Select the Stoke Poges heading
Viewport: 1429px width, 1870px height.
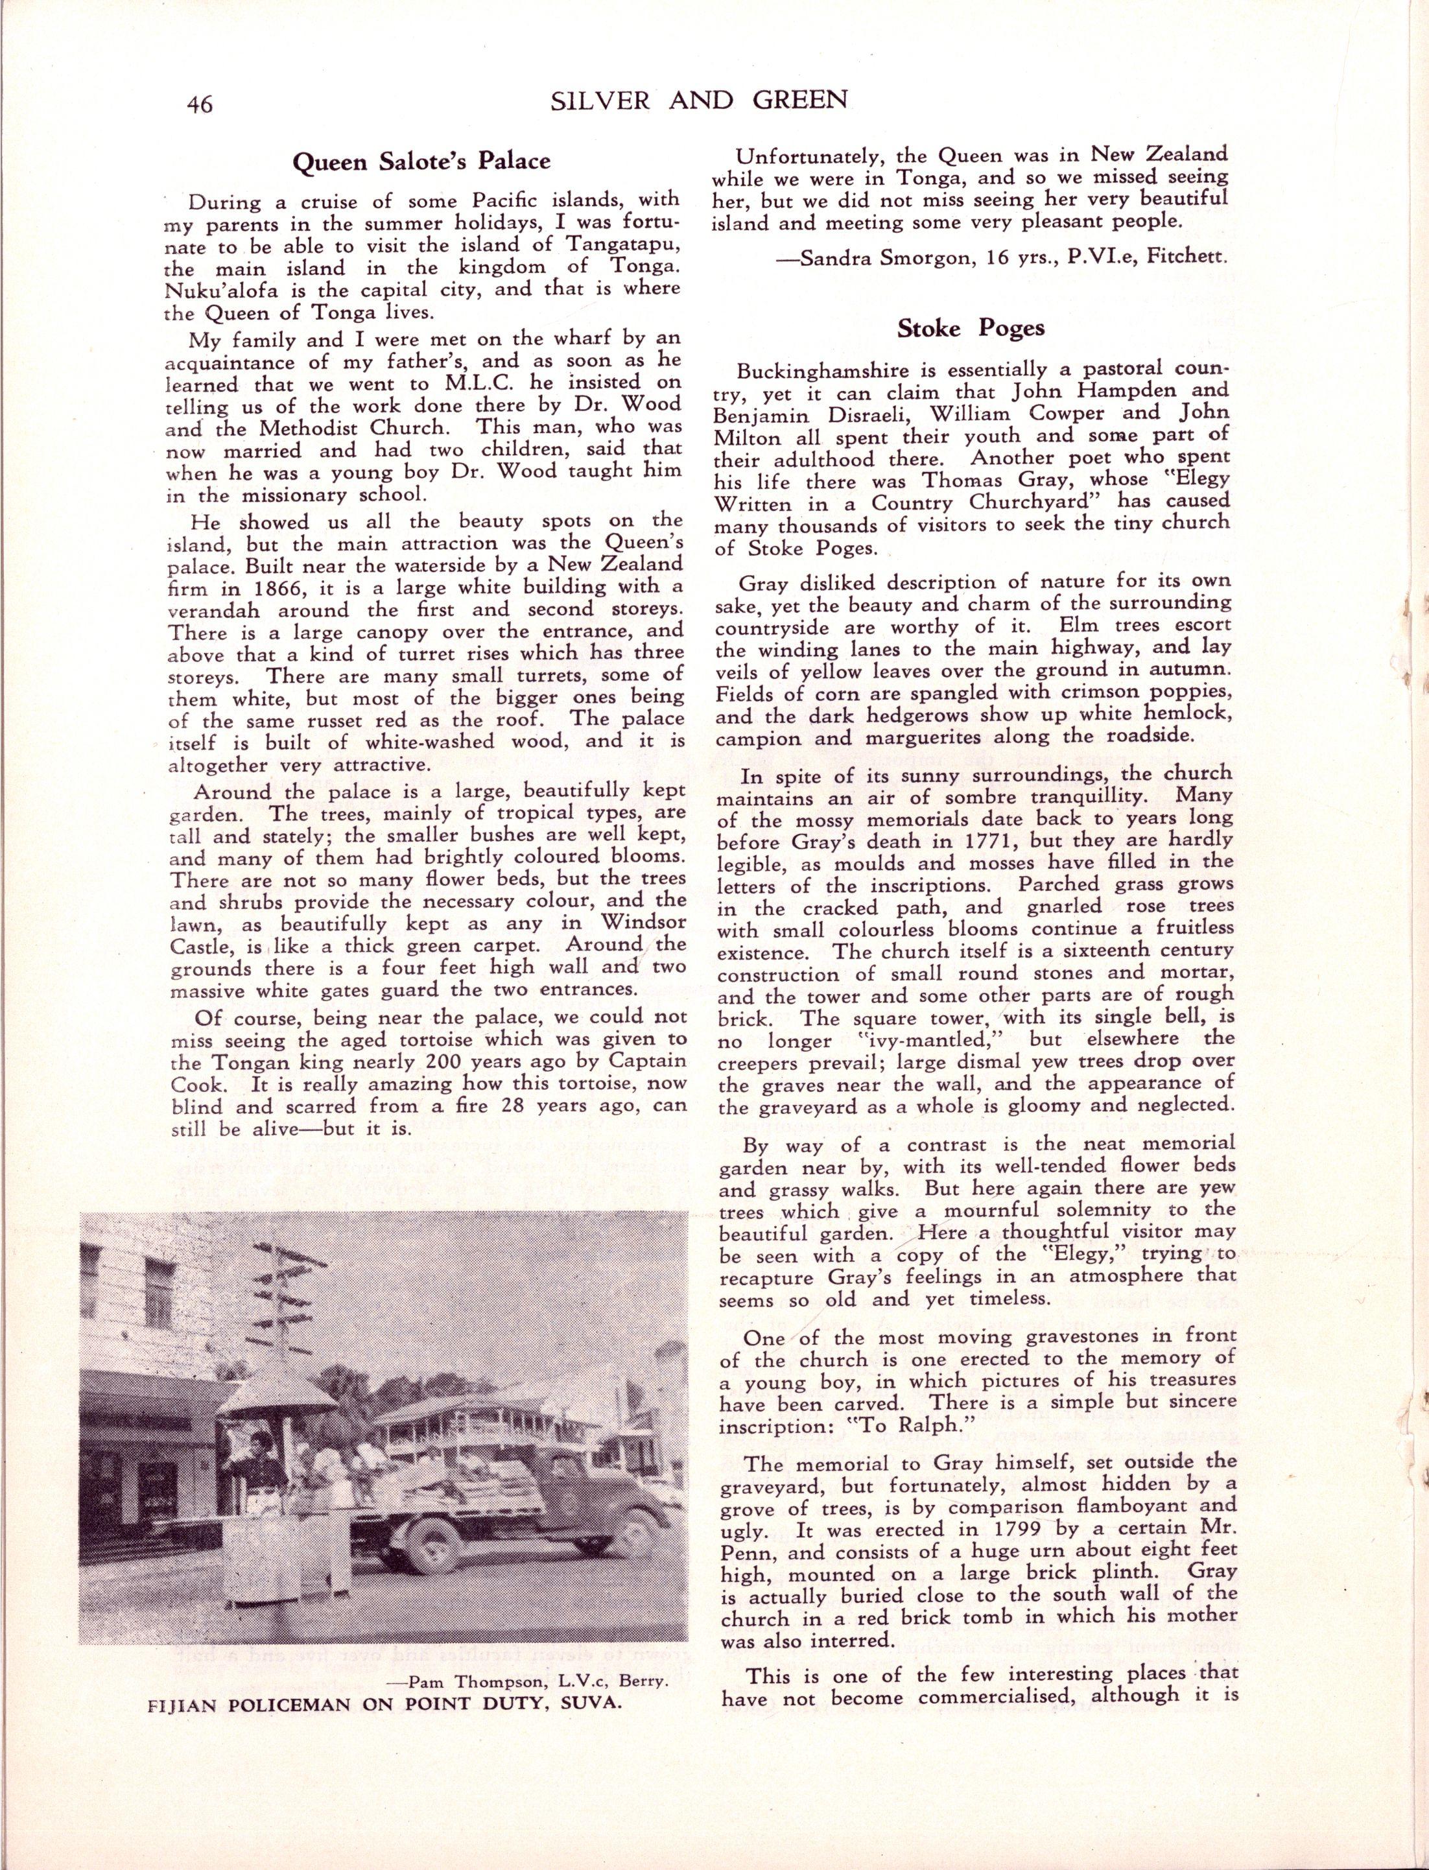pyautogui.click(x=971, y=328)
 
